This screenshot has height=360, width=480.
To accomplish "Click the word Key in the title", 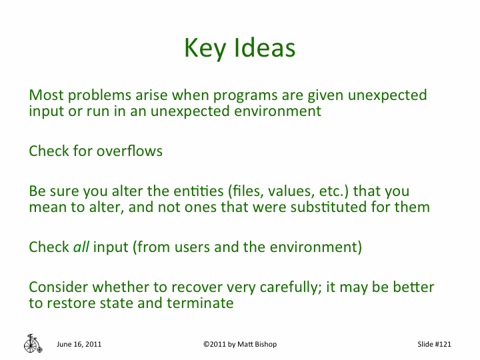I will tap(205, 48).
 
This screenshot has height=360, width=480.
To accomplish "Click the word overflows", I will tap(129, 151).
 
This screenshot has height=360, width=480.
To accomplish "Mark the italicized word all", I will tap(81, 247).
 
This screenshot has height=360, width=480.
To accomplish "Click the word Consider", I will tap(59, 287).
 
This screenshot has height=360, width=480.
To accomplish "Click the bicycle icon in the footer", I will tap(32, 343).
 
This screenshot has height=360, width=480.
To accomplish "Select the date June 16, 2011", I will tap(79, 344).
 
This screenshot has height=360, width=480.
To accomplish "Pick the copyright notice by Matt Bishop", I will tap(240, 344).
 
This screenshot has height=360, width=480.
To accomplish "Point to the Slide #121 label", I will tap(434, 344).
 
